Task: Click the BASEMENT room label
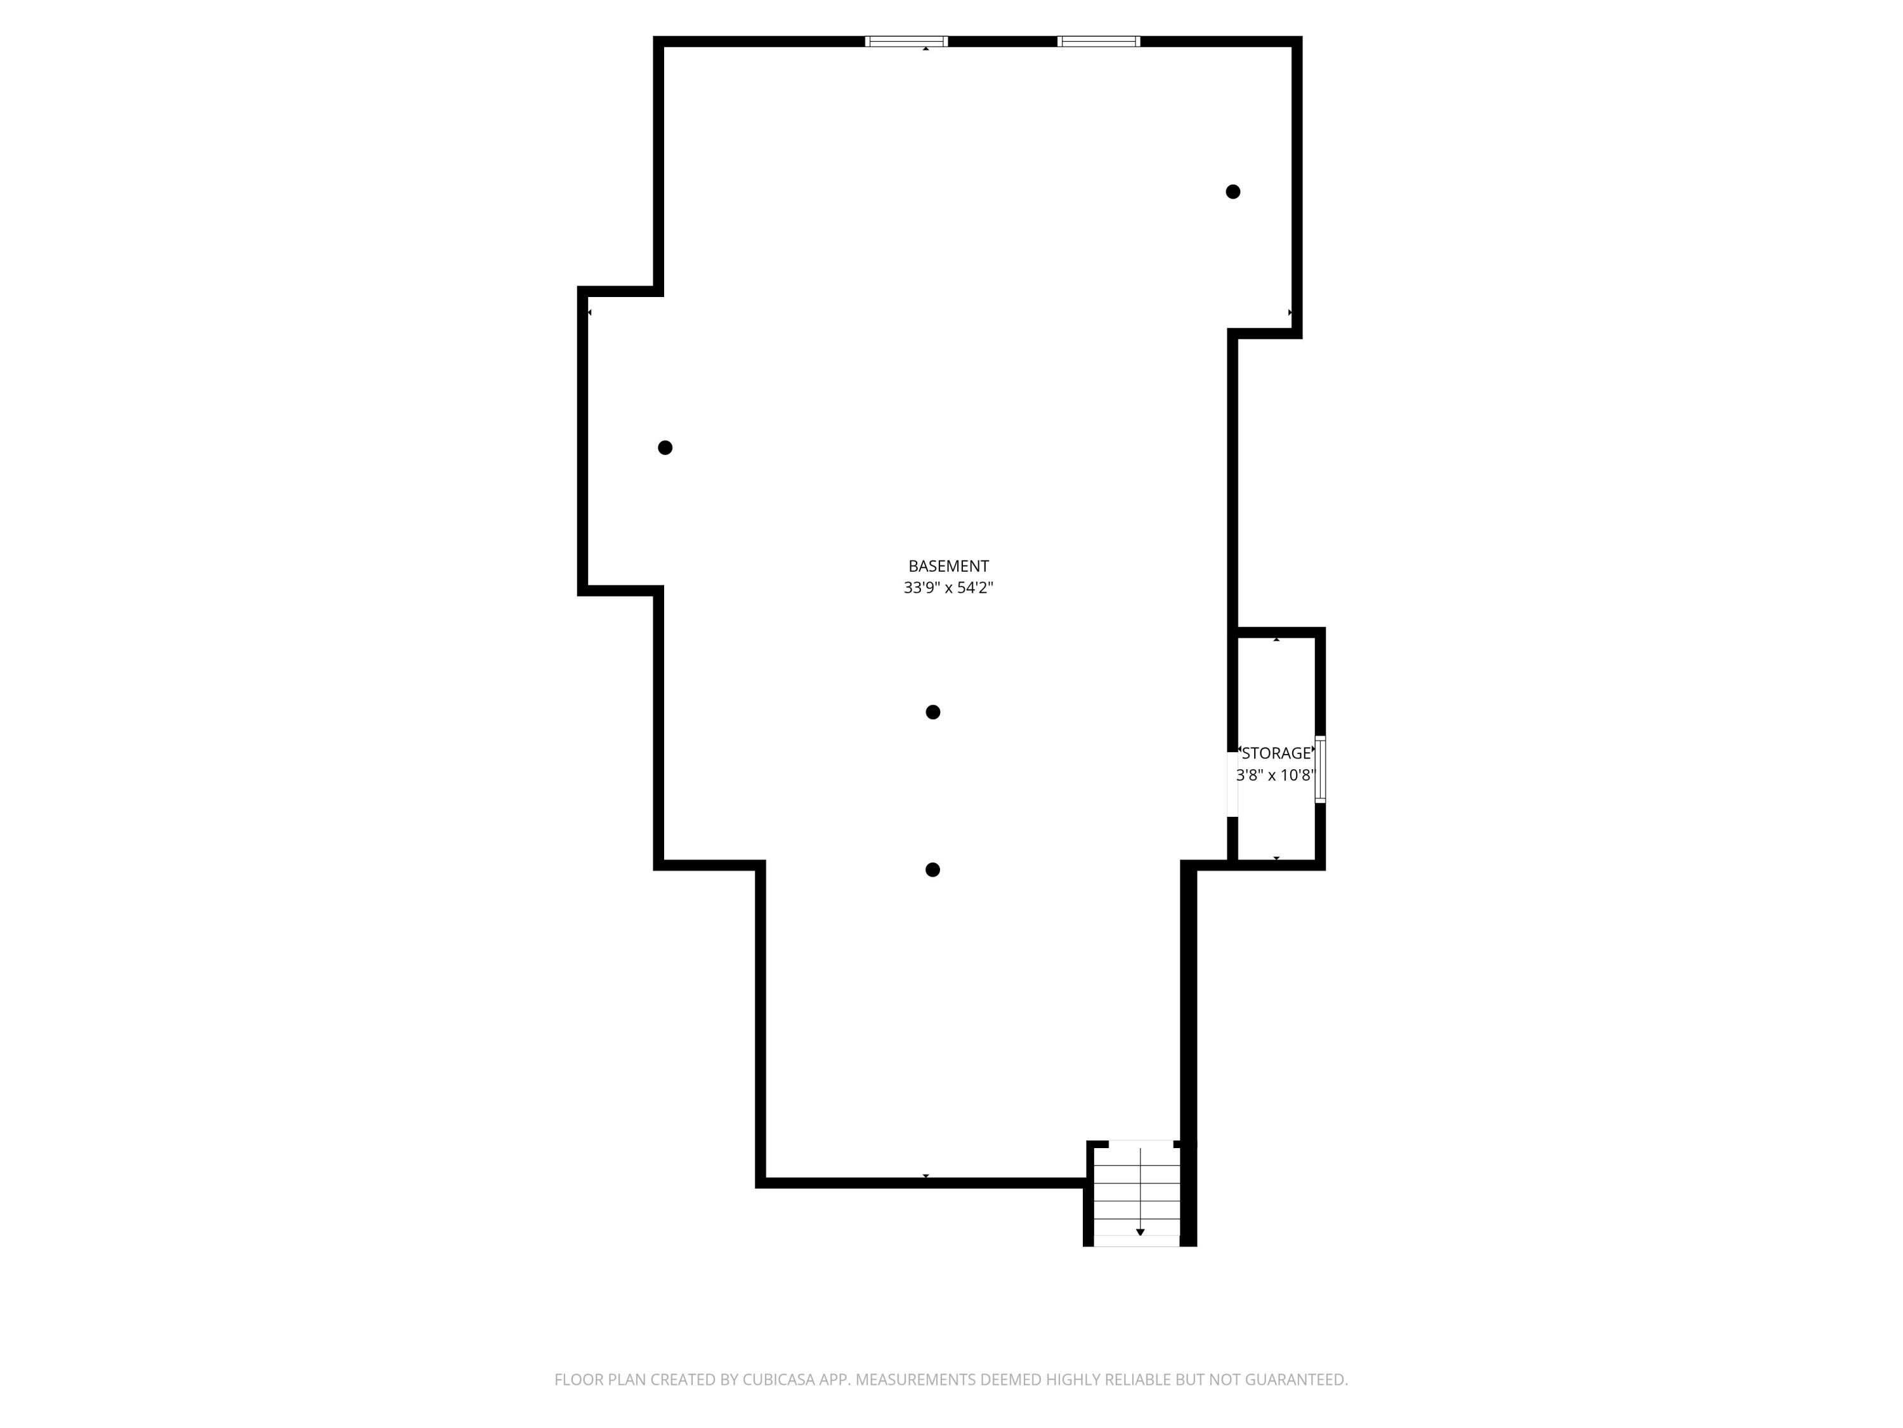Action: pos(948,566)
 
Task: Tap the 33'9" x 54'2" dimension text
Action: pos(948,588)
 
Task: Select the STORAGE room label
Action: pos(1276,753)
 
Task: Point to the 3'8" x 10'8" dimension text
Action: pos(1276,775)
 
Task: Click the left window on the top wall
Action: pos(906,41)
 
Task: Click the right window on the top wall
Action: pos(1099,41)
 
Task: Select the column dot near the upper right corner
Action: pos(1233,192)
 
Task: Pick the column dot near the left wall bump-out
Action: pos(665,447)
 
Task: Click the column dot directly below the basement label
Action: pos(932,712)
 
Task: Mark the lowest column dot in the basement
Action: pos(932,870)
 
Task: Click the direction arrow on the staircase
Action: pos(1140,1232)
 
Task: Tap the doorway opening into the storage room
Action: pos(1232,784)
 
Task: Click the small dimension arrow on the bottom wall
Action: pos(925,1176)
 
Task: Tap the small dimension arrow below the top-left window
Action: pos(925,49)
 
